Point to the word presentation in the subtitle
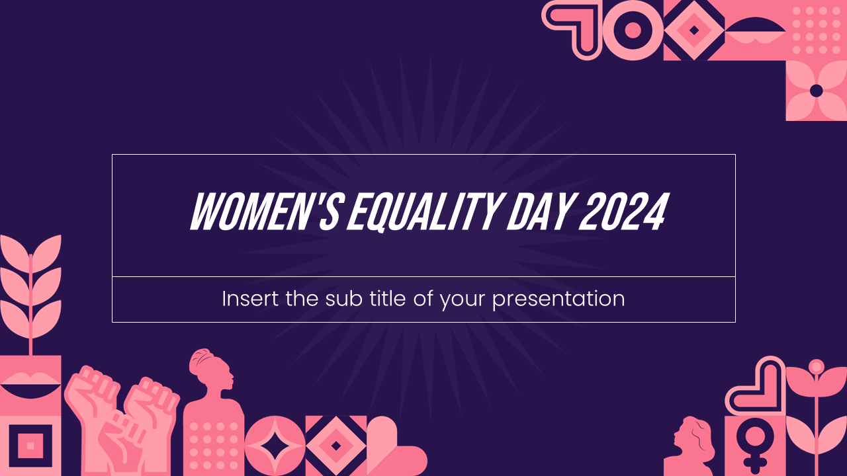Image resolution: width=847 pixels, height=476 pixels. point(558,299)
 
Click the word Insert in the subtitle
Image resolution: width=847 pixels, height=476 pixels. point(251,299)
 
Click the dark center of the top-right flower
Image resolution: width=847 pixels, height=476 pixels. point(817,91)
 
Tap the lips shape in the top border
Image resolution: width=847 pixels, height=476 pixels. point(755,29)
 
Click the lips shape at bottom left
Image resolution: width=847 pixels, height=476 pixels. point(30,385)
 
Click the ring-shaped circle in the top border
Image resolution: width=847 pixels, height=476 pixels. point(633,30)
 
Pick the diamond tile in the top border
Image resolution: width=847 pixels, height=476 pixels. point(694,30)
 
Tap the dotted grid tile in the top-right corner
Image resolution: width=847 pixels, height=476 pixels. point(817,30)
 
